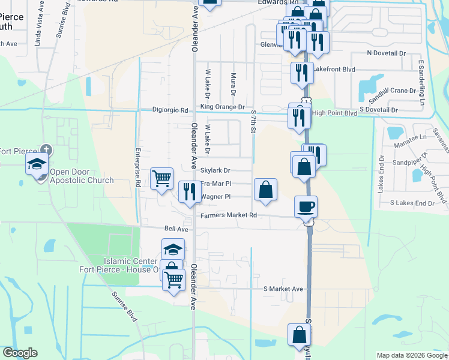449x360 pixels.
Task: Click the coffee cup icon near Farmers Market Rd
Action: point(306,206)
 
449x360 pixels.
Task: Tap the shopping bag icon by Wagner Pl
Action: point(265,190)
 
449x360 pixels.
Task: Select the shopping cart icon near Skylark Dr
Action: point(161,178)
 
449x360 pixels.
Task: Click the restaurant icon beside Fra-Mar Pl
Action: point(190,192)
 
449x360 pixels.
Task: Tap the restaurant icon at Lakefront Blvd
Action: point(301,73)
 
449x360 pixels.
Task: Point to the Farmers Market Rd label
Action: point(229,215)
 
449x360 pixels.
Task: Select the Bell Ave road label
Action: point(176,229)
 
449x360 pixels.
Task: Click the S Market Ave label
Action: point(284,289)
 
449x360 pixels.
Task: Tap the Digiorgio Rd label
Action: point(171,110)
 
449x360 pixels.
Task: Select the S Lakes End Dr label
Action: point(412,203)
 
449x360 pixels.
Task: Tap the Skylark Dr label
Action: point(215,170)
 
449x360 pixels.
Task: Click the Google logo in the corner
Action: point(19,353)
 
